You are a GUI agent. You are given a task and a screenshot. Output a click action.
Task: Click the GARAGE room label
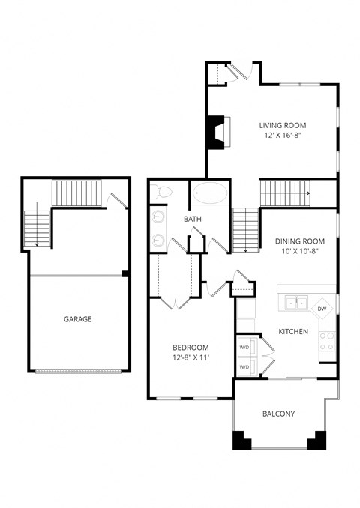tap(77, 319)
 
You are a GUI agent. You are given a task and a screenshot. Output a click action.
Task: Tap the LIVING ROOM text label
tap(283, 125)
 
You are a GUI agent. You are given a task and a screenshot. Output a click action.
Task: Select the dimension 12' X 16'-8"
tap(283, 136)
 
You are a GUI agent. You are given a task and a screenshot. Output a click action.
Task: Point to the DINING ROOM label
tap(299, 241)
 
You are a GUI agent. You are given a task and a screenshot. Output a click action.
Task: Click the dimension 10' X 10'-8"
tap(299, 252)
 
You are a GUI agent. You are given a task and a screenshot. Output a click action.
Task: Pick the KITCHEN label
tap(293, 331)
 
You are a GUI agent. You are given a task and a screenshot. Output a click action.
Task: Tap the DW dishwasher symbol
tap(322, 308)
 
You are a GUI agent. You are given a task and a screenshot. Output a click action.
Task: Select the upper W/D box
tap(244, 348)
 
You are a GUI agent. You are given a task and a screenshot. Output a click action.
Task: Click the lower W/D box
tap(244, 367)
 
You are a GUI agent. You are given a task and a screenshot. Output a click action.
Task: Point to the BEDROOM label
tap(190, 348)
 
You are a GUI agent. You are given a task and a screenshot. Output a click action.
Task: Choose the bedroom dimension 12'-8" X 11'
tap(190, 359)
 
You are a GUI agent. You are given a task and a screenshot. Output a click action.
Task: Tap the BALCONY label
tap(278, 414)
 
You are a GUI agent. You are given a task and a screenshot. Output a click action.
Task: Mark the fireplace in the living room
tap(217, 132)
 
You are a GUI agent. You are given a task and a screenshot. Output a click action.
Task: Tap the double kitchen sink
tap(295, 303)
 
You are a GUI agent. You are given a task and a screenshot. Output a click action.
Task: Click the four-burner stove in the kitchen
tap(328, 342)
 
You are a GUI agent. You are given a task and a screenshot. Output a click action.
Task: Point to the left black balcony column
tap(241, 440)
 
